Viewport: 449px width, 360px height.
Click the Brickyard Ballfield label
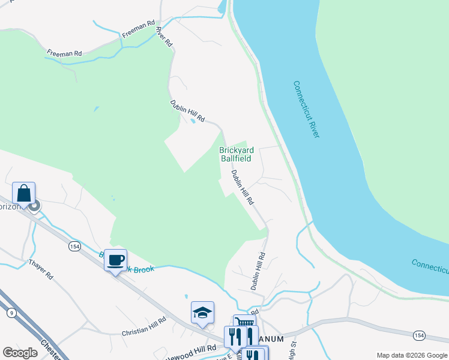tap(237, 154)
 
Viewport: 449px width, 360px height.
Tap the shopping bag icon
tap(24, 193)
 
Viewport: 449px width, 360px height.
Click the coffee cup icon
tap(115, 260)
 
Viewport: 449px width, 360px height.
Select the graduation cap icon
tap(203, 312)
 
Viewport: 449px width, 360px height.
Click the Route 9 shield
tap(11, 313)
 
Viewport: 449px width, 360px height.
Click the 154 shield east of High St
tap(419, 335)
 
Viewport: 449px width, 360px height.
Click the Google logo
tap(20, 352)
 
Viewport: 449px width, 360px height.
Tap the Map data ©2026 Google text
tap(411, 355)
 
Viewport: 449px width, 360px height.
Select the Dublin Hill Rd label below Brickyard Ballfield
tap(244, 188)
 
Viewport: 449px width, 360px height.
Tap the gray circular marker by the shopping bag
tap(34, 206)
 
